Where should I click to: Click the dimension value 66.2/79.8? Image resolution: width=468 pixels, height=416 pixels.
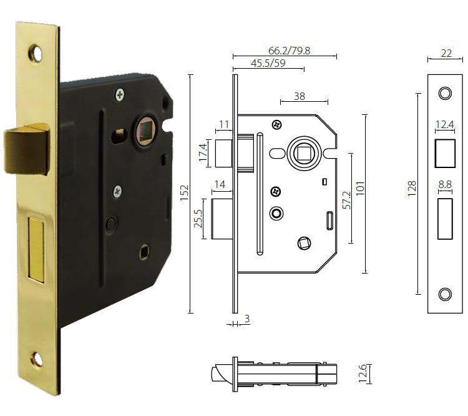(x=289, y=50)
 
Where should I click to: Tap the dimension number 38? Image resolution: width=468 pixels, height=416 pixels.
(x=300, y=97)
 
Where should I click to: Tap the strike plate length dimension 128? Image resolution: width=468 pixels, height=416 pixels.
(x=412, y=188)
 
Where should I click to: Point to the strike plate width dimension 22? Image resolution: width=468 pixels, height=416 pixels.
(x=446, y=53)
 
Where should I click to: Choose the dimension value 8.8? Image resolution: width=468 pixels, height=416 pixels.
(x=445, y=185)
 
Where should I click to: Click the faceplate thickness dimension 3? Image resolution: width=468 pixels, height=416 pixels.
(x=247, y=319)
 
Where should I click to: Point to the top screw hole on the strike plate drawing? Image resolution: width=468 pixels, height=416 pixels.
(x=444, y=93)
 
